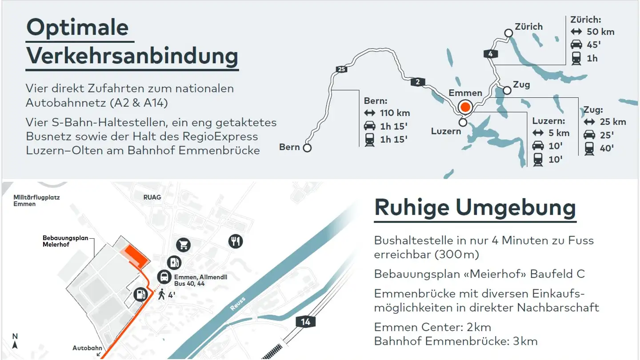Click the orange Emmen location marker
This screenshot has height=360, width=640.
[465, 107]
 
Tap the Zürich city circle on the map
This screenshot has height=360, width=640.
[508, 33]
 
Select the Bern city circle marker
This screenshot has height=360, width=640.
[307, 148]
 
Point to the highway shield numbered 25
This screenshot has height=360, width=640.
[341, 69]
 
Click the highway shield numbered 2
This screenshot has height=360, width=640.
[418, 82]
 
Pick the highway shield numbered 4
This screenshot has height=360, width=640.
[491, 54]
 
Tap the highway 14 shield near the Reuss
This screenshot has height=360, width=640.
[305, 322]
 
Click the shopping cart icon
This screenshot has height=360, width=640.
[183, 244]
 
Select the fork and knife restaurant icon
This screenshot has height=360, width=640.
[236, 241]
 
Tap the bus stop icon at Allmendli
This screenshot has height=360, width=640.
[164, 277]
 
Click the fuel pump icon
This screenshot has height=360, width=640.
[140, 294]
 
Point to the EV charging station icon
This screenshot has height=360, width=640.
[174, 262]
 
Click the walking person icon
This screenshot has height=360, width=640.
[161, 294]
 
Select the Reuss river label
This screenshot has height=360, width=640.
[238, 304]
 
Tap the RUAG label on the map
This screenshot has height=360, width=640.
[152, 197]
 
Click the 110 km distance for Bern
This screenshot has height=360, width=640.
[395, 113]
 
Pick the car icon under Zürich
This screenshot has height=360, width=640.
[576, 44]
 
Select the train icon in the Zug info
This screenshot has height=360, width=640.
[589, 148]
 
